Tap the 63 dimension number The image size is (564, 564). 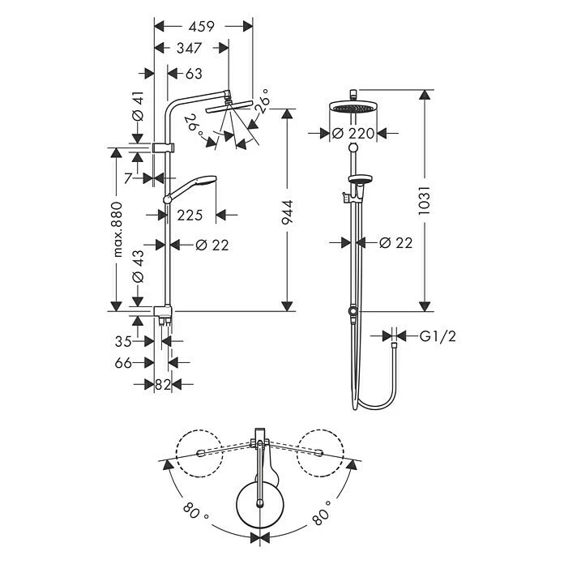[x=193, y=75]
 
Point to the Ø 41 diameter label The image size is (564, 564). [x=138, y=106]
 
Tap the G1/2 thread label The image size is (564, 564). [x=437, y=336]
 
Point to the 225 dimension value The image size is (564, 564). [x=190, y=216]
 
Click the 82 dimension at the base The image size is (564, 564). [x=163, y=386]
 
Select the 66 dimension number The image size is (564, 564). [x=123, y=364]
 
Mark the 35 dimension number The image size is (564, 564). [x=123, y=342]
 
